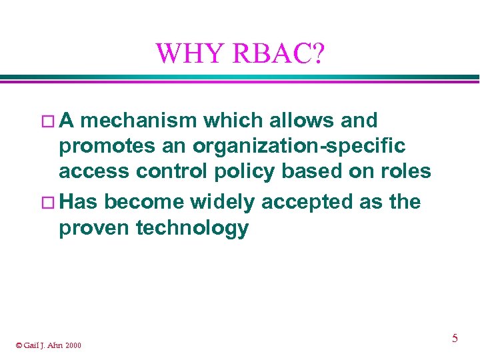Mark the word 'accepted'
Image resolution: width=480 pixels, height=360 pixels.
(x=307, y=201)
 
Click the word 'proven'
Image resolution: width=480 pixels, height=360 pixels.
(x=95, y=228)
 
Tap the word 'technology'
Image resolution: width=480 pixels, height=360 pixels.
(x=192, y=229)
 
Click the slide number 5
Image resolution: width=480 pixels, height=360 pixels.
(x=455, y=339)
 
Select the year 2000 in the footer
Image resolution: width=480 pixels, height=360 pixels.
(x=73, y=345)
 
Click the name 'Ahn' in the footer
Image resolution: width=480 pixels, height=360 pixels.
(x=55, y=345)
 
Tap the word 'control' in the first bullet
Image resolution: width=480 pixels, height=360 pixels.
(x=171, y=172)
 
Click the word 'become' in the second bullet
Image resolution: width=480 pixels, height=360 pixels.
(x=145, y=201)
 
